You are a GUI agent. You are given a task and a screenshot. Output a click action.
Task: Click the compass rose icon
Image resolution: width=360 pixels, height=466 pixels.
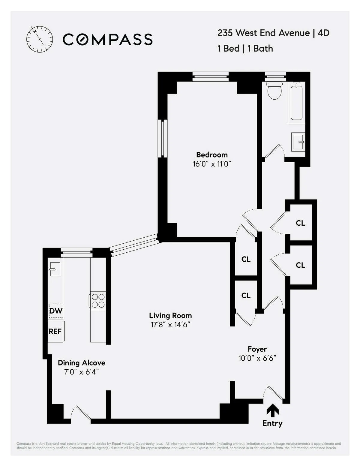(40, 39)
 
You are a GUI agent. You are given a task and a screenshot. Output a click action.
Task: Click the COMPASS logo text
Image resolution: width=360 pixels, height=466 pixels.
(108, 40)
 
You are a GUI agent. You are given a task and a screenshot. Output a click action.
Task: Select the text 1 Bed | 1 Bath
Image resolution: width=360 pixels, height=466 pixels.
(245, 49)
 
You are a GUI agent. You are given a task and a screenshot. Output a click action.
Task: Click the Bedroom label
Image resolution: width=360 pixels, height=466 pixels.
(212, 155)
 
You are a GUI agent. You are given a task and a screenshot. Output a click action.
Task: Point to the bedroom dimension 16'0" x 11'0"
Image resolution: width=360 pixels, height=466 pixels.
(212, 164)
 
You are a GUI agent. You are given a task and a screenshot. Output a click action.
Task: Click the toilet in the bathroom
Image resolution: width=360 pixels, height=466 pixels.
(274, 90)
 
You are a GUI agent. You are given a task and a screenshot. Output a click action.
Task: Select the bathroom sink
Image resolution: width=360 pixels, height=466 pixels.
(298, 142)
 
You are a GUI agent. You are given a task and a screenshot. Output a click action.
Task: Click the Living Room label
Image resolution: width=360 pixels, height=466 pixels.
(170, 316)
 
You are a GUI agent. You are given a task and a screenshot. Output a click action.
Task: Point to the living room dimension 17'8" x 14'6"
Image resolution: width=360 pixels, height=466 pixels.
(170, 325)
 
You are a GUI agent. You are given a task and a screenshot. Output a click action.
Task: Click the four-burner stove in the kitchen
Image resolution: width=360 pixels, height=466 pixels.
(98, 301)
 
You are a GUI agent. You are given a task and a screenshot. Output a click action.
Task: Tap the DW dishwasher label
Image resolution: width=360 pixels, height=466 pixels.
(56, 311)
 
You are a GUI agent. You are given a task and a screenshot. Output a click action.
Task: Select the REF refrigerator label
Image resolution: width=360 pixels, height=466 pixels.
(55, 331)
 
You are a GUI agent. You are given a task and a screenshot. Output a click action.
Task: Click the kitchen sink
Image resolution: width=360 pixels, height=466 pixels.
(55, 269)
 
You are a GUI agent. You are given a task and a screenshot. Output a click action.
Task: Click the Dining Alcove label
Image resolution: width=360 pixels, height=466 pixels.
(82, 363)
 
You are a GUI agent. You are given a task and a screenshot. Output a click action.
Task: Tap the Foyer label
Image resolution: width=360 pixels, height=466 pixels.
(257, 349)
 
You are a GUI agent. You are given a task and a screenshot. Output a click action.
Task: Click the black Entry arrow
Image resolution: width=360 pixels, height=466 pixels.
(272, 410)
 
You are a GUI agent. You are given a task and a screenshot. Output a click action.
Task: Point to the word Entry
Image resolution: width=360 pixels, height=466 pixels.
(272, 423)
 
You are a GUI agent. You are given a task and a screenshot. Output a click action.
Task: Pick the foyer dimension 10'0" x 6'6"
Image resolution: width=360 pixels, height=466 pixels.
(257, 358)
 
